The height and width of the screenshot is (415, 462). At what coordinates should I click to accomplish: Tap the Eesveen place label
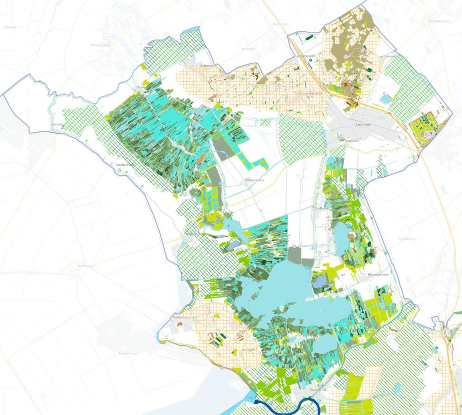click(389, 56)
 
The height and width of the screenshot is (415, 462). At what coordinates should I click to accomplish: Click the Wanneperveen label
click(378, 274)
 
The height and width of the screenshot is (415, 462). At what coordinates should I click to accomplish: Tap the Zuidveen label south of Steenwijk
click(352, 141)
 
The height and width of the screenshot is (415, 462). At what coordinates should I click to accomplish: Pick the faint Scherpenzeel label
click(101, 45)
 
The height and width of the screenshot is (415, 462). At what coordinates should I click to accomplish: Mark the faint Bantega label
click(10, 27)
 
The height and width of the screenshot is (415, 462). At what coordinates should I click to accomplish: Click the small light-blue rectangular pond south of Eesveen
click(386, 98)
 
